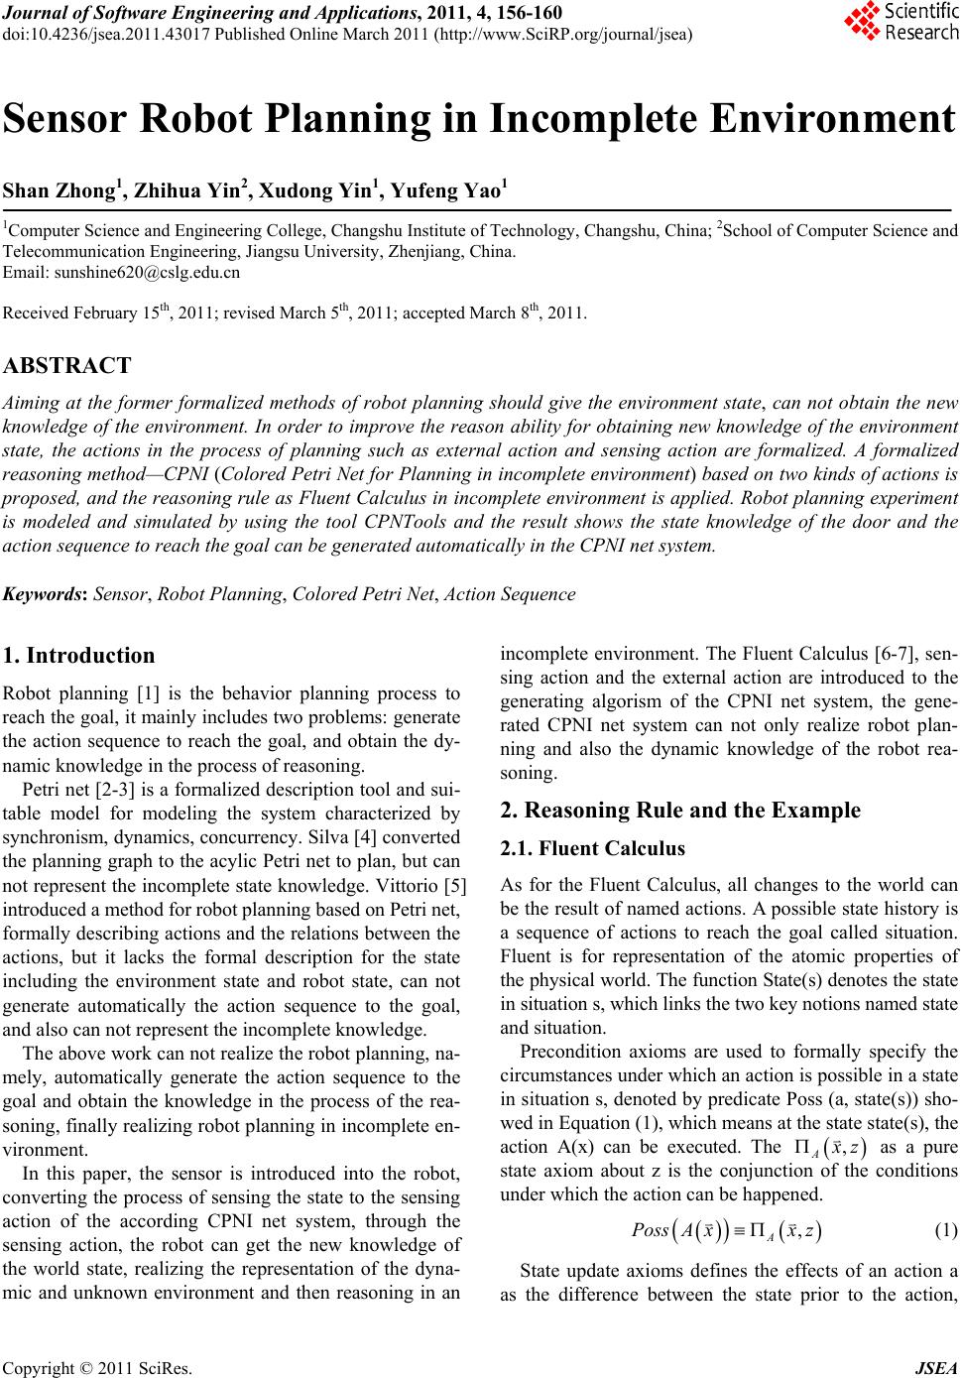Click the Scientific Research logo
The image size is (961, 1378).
(901, 22)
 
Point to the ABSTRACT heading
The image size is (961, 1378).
(66, 365)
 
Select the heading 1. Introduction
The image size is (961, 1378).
(79, 656)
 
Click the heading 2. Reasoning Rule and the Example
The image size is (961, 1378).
(681, 811)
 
